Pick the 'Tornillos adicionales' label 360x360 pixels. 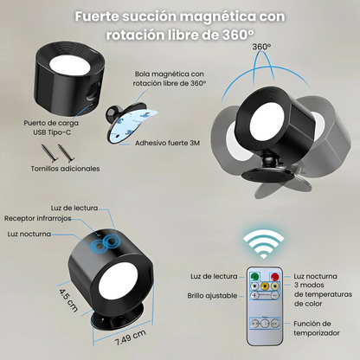(x=64, y=169)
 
